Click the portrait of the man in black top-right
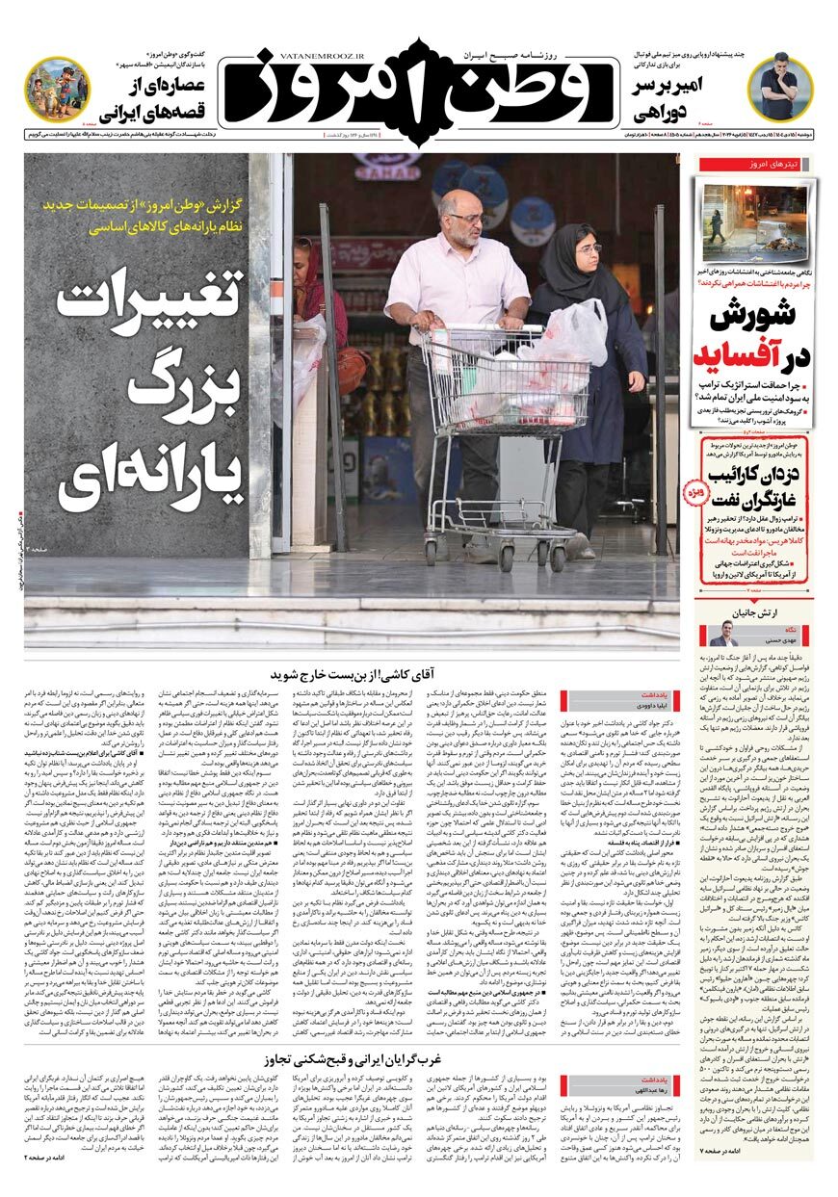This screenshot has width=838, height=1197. (779, 85)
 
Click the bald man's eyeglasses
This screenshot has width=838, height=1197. (467, 219)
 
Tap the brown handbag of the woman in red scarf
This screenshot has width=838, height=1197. (352, 369)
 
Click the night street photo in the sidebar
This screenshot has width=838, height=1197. (755, 222)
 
